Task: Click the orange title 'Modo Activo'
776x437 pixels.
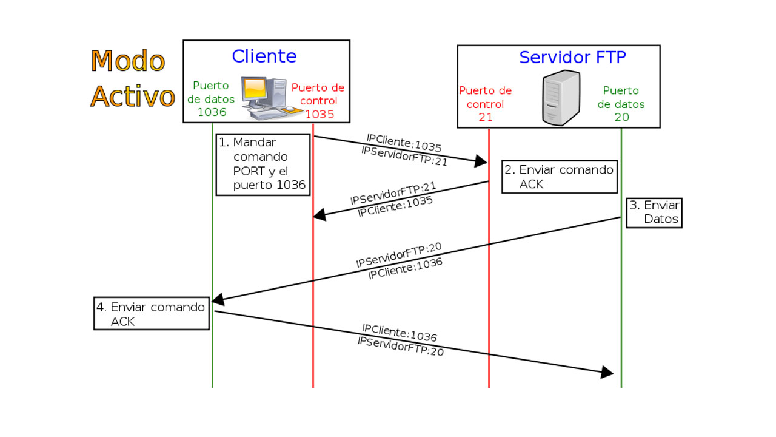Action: click(132, 79)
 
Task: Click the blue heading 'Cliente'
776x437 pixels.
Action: click(264, 56)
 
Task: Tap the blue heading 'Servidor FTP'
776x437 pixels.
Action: click(572, 58)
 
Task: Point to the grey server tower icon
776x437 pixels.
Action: click(561, 98)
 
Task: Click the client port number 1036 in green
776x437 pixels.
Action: click(212, 112)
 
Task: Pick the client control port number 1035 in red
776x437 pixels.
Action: click(319, 114)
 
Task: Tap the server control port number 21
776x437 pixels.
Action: click(486, 117)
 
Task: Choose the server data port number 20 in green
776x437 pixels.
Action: click(622, 117)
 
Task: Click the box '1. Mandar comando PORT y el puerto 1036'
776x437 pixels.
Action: click(263, 164)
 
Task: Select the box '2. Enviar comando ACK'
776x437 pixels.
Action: click(559, 177)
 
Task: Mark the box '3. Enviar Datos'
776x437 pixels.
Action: click(654, 212)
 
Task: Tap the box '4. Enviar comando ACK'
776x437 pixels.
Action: click(152, 313)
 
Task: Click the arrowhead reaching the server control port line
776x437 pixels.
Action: click(481, 161)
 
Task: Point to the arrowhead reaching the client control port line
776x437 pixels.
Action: click(319, 214)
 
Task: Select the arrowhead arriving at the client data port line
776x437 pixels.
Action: click(218, 299)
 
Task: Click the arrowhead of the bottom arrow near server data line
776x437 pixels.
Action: click(607, 372)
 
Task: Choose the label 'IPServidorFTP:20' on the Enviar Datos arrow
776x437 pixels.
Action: click(398, 256)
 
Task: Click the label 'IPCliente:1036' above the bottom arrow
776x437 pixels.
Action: click(400, 333)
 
